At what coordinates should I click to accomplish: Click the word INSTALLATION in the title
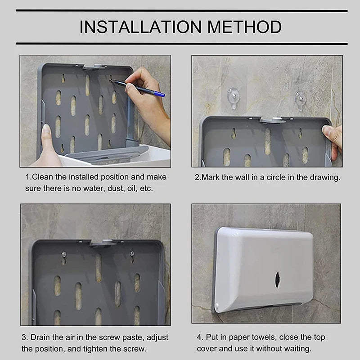pyautogui.click(x=140, y=27)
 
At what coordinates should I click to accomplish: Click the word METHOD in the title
pyautogui.click(x=244, y=27)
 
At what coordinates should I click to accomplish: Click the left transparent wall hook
pyautogui.click(x=233, y=98)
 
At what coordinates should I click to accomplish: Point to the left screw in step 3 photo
pyautogui.click(x=64, y=254)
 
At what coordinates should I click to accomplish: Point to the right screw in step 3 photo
pyautogui.click(x=132, y=254)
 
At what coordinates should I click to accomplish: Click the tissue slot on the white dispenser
pyautogui.click(x=277, y=279)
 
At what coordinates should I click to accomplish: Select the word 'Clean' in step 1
pyautogui.click(x=43, y=177)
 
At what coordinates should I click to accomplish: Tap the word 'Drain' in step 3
pyautogui.click(x=40, y=337)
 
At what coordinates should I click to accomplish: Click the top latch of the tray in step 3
pyautogui.click(x=106, y=243)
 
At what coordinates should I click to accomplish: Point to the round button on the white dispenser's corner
pyautogui.click(x=217, y=306)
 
